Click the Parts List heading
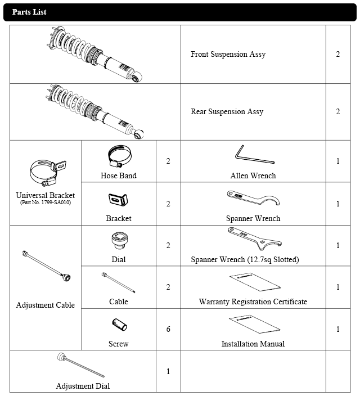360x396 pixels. click(x=29, y=12)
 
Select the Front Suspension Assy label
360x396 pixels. click(x=228, y=55)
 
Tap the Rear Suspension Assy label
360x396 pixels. click(x=227, y=111)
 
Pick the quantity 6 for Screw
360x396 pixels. click(x=168, y=329)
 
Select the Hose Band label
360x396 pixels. click(x=118, y=175)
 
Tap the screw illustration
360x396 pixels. click(x=118, y=326)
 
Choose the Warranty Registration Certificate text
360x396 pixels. click(x=253, y=302)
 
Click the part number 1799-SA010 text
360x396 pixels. click(x=46, y=202)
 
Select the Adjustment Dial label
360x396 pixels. click(x=83, y=386)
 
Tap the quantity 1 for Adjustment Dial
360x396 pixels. click(x=168, y=371)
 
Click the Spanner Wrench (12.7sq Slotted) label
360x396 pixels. click(x=253, y=260)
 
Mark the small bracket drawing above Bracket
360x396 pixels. click(x=118, y=200)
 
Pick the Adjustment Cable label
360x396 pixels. click(x=46, y=305)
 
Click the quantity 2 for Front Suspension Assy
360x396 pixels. click(x=338, y=55)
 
